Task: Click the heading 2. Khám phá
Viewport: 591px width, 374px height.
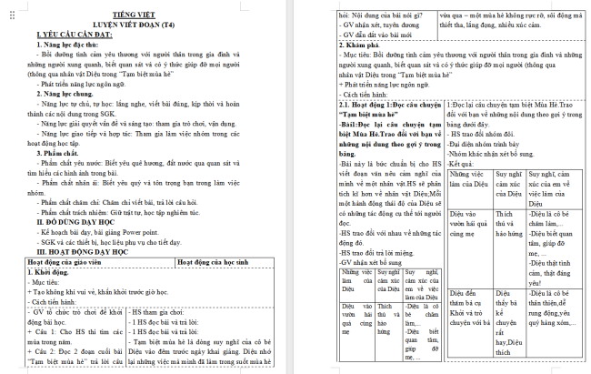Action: point(364,44)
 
